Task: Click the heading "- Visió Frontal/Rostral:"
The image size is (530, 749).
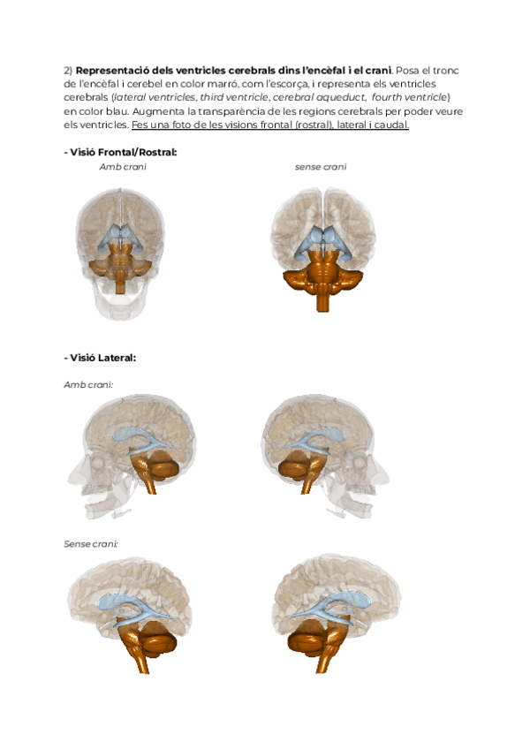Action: point(120,152)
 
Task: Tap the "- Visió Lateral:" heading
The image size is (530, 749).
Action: point(99,358)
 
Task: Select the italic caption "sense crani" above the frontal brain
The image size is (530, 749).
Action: point(321,166)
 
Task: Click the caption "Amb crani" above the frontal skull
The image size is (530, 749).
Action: point(123,166)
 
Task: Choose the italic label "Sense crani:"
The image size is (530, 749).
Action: point(91,543)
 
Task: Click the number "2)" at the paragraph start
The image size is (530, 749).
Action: point(69,70)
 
